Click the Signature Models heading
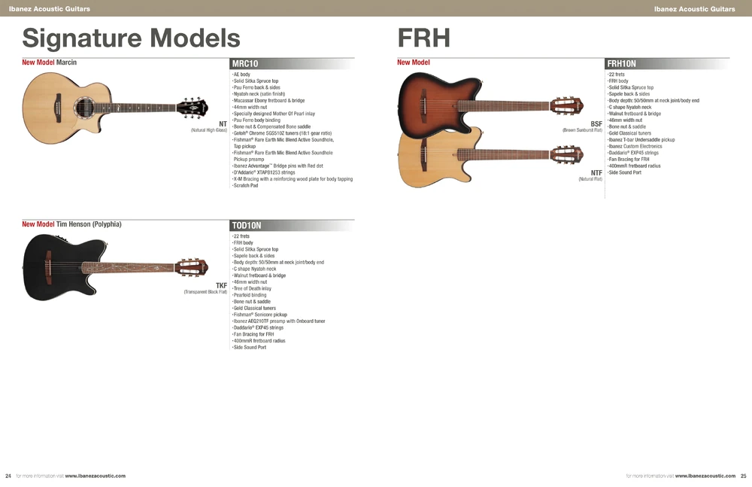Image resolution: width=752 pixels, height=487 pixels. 131,38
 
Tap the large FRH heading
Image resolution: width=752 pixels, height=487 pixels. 424,38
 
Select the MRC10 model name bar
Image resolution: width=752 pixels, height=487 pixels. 292,63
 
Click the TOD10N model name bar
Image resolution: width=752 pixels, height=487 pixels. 292,225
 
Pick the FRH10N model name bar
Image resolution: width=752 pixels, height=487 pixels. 667,63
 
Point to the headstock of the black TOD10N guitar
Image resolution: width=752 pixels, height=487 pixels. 191,266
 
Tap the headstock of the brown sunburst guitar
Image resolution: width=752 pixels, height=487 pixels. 566,105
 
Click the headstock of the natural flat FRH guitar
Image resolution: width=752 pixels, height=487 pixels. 566,154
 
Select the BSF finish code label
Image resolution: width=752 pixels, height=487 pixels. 596,124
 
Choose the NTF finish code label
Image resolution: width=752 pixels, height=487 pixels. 596,173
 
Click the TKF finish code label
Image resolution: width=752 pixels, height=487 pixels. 221,286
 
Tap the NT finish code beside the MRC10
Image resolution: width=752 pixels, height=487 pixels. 223,124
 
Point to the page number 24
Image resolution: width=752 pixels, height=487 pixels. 8,476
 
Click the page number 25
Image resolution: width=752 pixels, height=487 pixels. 744,476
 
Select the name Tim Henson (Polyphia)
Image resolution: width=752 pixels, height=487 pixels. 89,224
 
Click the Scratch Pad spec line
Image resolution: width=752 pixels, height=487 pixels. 245,185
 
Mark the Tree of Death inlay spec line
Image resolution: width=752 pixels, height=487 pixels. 252,288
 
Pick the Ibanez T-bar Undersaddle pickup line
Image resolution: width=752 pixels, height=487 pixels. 641,140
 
